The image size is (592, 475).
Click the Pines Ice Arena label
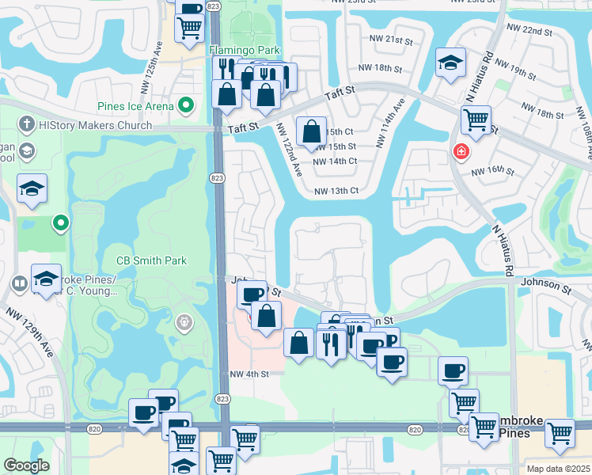point(135,105)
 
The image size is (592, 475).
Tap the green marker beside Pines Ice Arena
point(187,104)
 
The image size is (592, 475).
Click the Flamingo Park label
point(245,50)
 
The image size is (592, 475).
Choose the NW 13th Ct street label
point(336,191)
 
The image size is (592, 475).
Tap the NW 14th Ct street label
point(336,161)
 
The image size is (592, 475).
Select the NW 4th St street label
point(249,374)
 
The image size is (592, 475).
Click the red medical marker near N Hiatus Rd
point(459,150)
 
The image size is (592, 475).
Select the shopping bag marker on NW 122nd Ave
point(312,132)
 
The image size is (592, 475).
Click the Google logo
point(26,465)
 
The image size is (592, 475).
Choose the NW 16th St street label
point(492,171)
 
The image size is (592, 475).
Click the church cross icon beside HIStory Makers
point(26,125)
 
